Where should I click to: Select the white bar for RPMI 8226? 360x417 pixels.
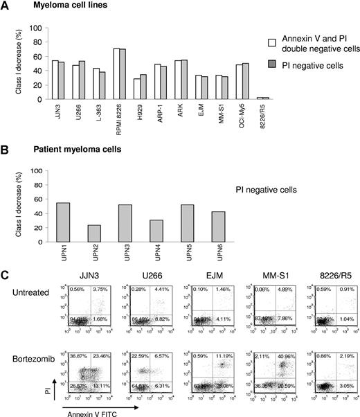click(x=117, y=73)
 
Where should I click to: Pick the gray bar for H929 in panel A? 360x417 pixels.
click(x=143, y=87)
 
